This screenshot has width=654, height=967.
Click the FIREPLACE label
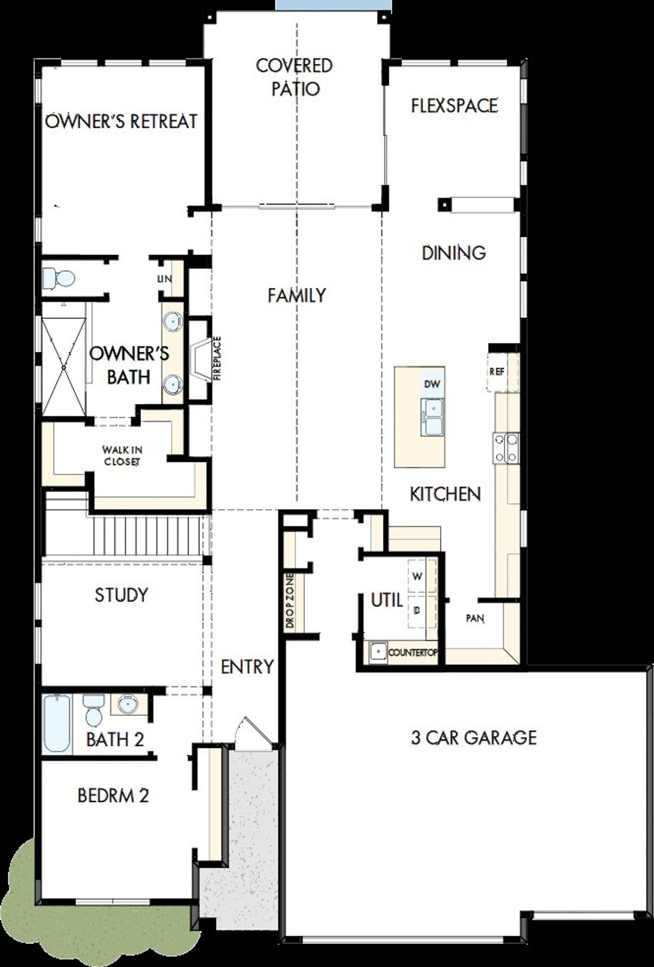coord(217,358)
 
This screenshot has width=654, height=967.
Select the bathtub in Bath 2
coord(57,723)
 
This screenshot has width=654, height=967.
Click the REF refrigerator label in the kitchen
coord(497,372)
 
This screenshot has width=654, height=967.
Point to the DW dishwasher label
coord(432,384)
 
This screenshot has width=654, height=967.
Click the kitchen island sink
coord(432,417)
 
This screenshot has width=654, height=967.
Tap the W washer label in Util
coord(417,576)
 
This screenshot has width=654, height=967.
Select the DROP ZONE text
coord(290,601)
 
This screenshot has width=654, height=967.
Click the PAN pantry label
coord(475,618)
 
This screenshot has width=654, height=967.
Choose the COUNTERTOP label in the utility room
coord(412,653)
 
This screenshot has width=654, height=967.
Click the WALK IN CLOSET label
coord(122,456)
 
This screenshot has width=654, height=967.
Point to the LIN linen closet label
coord(165,279)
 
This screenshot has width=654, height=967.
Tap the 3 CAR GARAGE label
coord(474,737)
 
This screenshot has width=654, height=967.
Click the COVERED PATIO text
coord(295,77)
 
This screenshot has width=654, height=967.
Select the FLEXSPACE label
coord(454,105)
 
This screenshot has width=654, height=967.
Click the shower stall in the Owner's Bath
coord(64,366)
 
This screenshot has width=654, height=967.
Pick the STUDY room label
coord(121,595)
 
